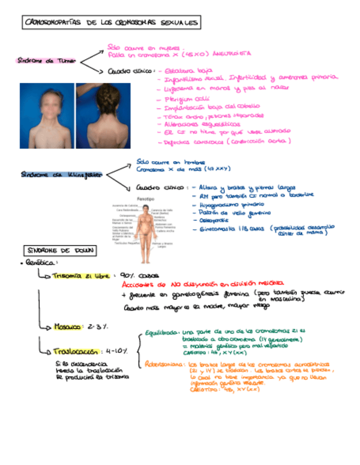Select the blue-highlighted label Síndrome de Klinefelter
pyautogui.click(x=61, y=174)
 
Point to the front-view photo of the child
pyautogui.click(x=46, y=115)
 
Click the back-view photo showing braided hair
pyautogui.click(x=103, y=115)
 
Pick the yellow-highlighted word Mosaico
pyautogui.click(x=67, y=327)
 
